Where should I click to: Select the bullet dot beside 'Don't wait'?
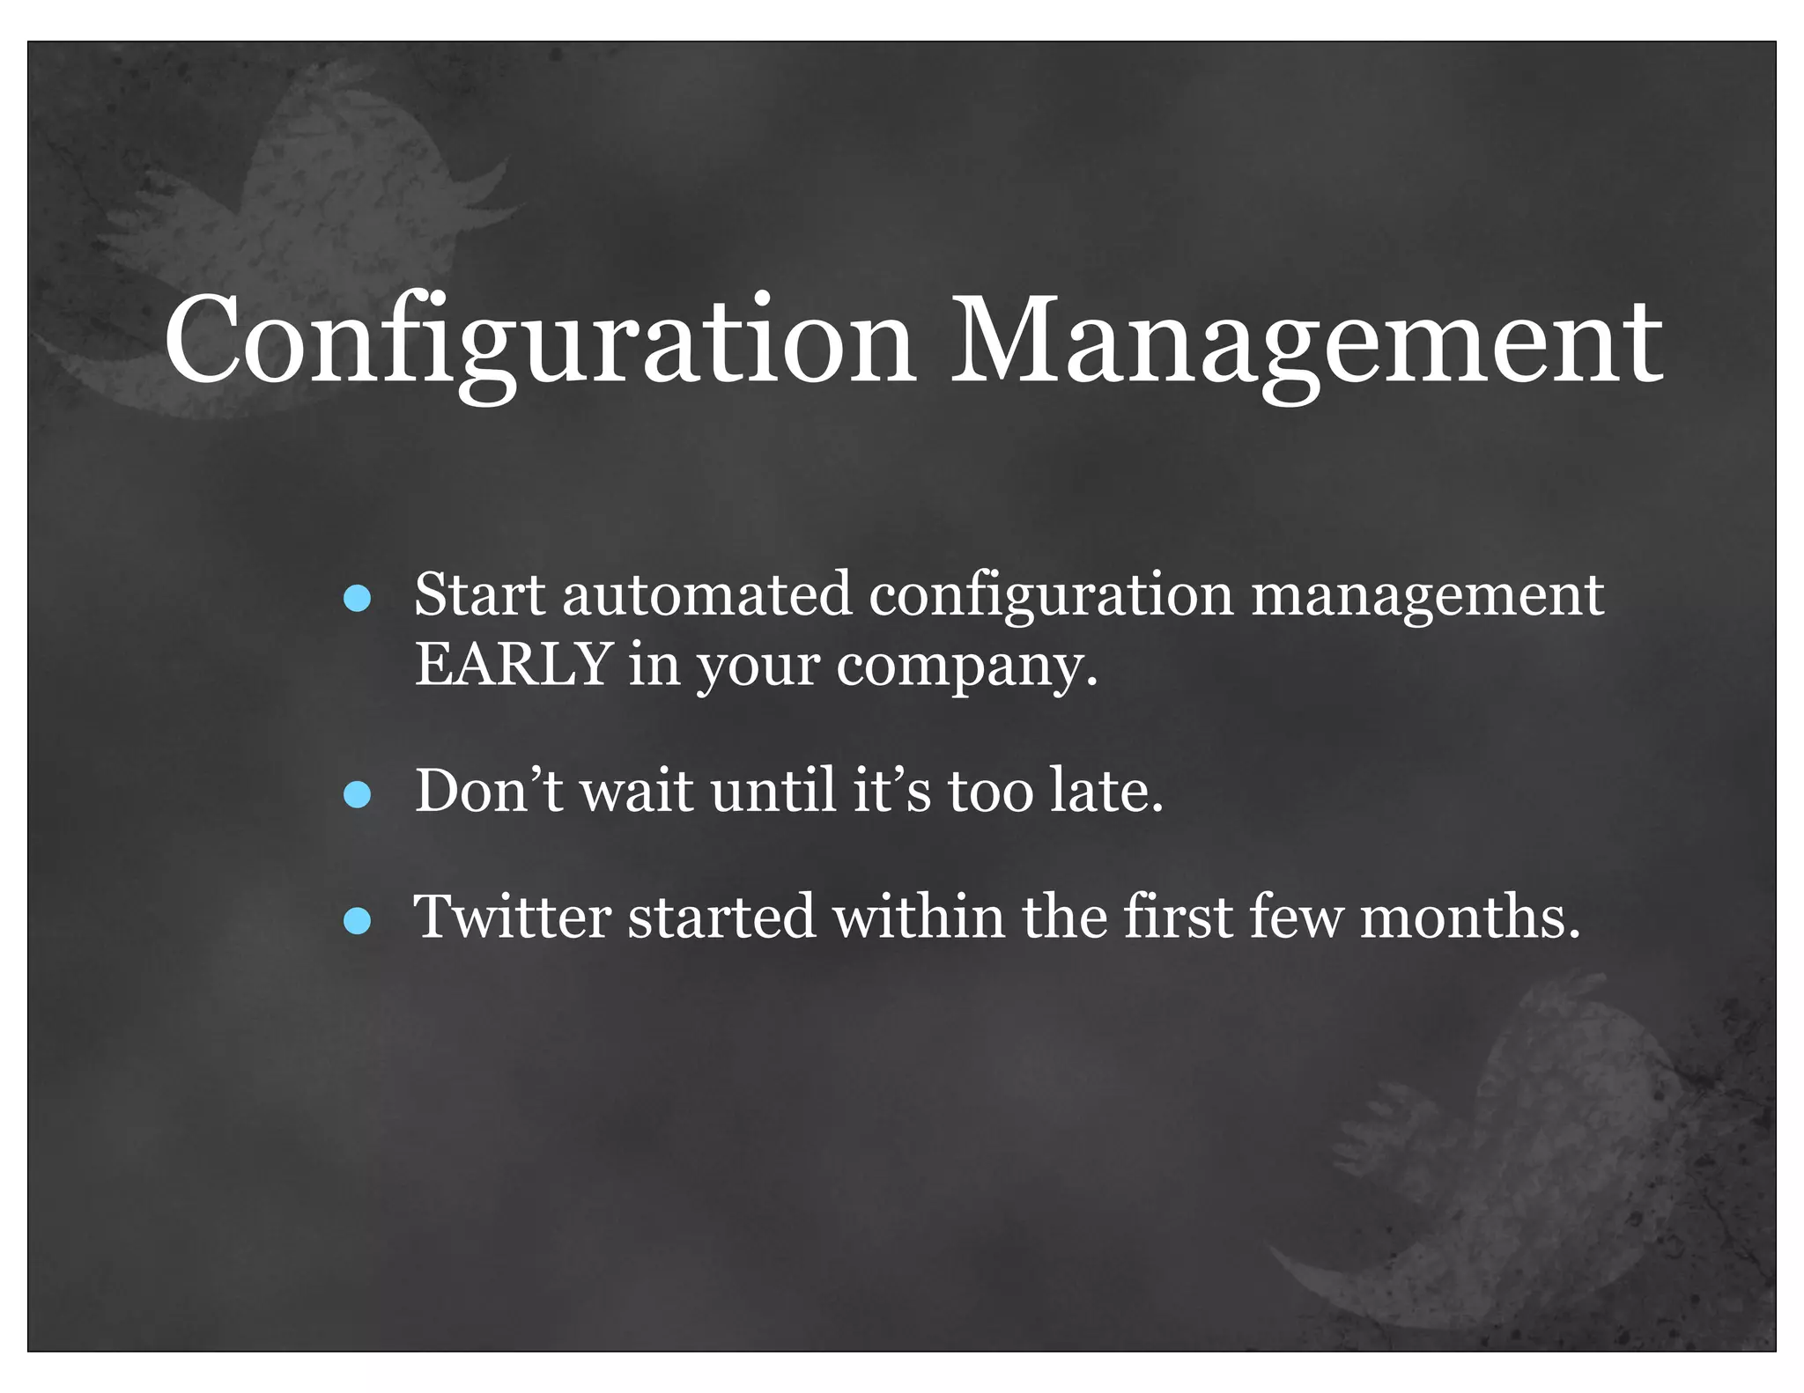[x=357, y=795]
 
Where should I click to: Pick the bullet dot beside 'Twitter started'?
[x=357, y=921]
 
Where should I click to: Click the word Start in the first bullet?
[x=479, y=595]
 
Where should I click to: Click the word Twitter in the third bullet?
[x=512, y=917]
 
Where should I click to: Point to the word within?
[x=919, y=917]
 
